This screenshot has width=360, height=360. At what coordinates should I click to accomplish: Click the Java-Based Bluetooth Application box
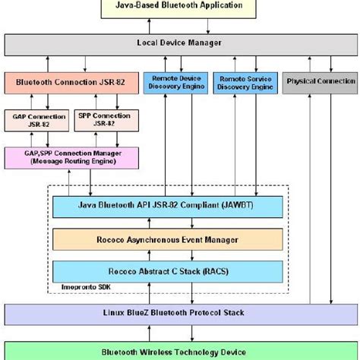[180, 7]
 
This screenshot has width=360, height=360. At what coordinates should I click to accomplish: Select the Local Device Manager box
[180, 44]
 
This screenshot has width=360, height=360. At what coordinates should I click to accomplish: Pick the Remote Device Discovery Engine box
[177, 81]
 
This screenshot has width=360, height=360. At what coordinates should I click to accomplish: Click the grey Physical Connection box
[321, 81]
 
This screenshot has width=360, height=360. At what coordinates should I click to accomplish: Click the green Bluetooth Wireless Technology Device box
[180, 352]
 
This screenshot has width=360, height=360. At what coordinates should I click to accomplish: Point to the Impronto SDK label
[80, 289]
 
